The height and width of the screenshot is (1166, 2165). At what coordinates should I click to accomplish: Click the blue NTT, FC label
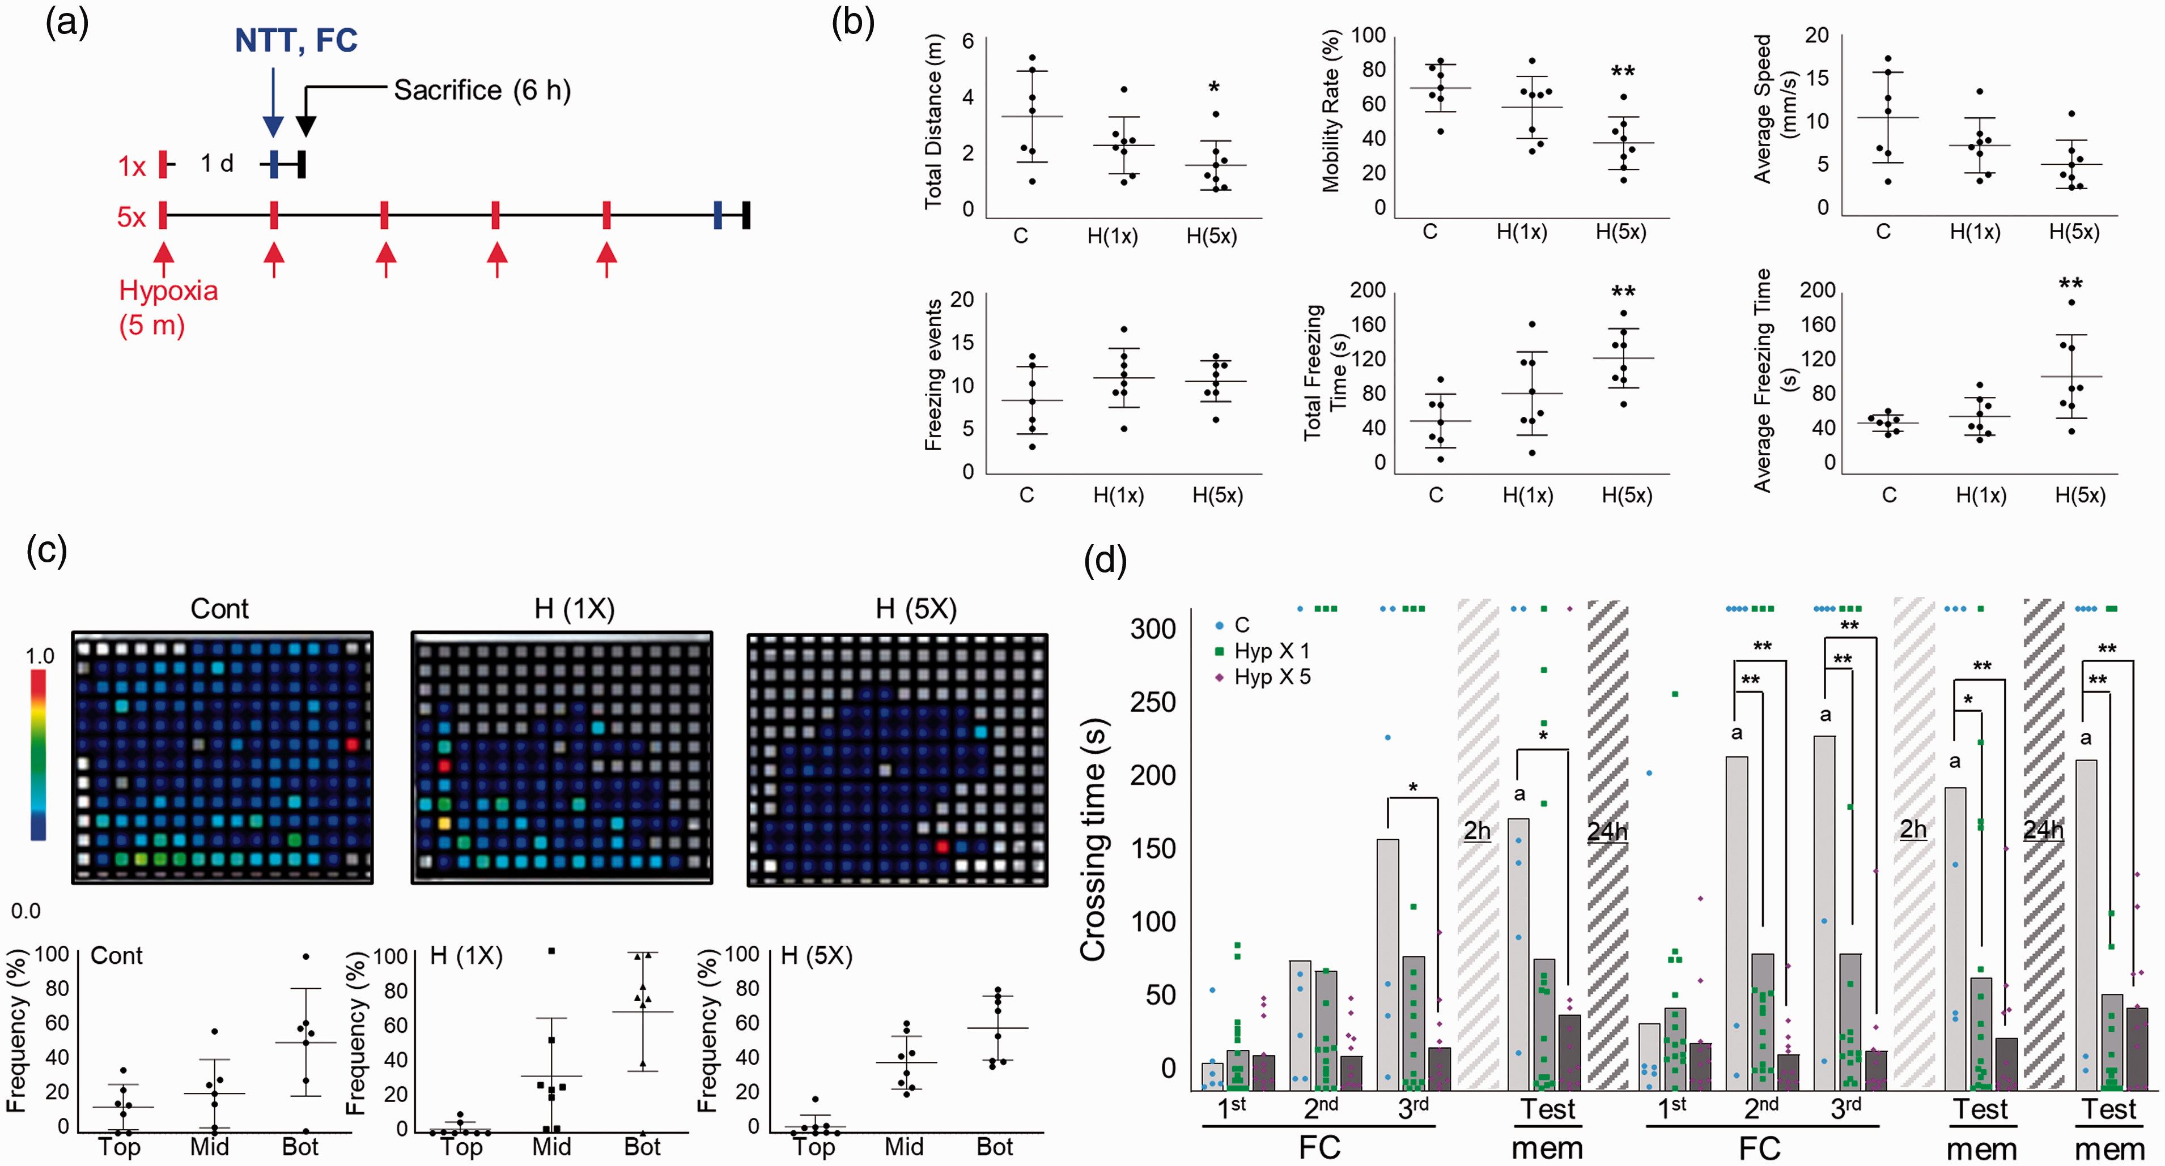[x=296, y=40]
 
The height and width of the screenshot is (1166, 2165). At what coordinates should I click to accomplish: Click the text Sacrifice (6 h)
[x=482, y=90]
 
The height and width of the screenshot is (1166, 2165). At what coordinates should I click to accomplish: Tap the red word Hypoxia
[x=168, y=291]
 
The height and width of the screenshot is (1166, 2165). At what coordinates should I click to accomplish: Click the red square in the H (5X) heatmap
[x=942, y=846]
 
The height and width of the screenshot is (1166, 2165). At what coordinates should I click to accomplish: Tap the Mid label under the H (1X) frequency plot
[x=551, y=1147]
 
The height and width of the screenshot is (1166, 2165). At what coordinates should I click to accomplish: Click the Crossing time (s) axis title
[x=1093, y=840]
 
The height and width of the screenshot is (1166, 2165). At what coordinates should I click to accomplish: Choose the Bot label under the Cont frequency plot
[x=300, y=1147]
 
